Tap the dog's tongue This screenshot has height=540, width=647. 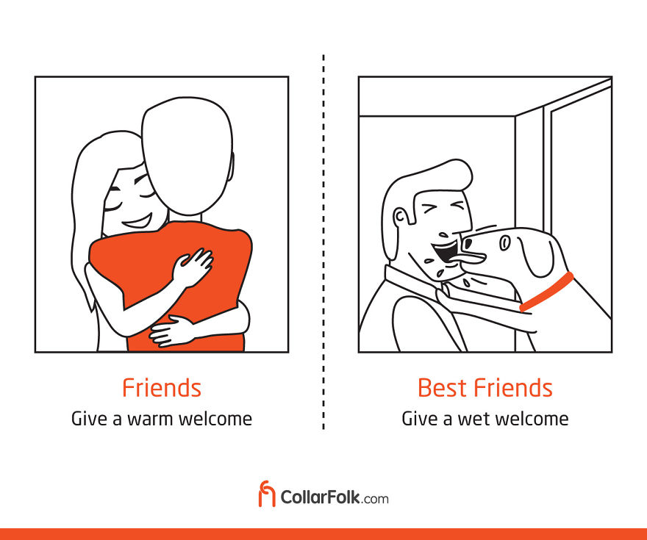pyautogui.click(x=470, y=259)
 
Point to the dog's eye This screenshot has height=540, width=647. pyautogui.click(x=504, y=242)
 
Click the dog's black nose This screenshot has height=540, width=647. pyautogui.click(x=467, y=242)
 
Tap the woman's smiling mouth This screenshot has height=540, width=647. pyautogui.click(x=137, y=222)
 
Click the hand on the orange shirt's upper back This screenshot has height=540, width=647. pyautogui.click(x=193, y=267)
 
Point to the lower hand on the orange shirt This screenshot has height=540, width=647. pyautogui.click(x=171, y=331)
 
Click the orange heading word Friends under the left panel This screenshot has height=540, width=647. pyautogui.click(x=162, y=387)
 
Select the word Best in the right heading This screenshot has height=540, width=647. pyautogui.click(x=443, y=387)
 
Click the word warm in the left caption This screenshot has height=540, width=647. pyautogui.click(x=150, y=420)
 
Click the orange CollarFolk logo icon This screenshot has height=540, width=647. pyautogui.click(x=267, y=494)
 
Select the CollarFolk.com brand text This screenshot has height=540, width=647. pyautogui.click(x=335, y=497)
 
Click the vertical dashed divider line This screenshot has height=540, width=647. pyautogui.click(x=323, y=242)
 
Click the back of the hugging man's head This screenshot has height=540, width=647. pyautogui.click(x=187, y=156)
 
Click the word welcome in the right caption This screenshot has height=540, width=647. pyautogui.click(x=532, y=420)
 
